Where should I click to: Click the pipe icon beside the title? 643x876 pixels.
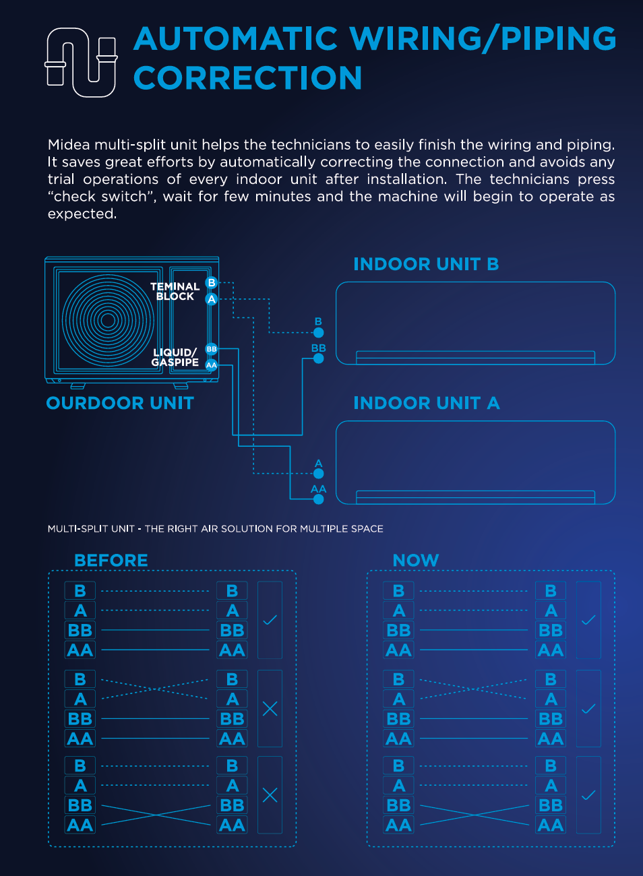(81, 62)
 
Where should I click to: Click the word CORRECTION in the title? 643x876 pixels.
(247, 78)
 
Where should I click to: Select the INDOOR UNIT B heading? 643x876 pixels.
(426, 264)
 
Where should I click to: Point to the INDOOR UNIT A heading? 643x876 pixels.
(426, 403)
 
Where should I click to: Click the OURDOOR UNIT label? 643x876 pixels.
(120, 403)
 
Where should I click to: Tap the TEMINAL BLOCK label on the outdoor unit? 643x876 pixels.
(175, 291)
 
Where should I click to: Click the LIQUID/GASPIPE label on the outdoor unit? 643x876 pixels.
(175, 357)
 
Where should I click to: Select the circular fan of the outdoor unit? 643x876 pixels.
(108, 320)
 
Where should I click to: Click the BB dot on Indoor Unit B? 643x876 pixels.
(319, 358)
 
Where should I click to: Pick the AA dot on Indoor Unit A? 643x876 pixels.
(319, 499)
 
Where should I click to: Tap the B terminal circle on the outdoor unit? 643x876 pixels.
(212, 283)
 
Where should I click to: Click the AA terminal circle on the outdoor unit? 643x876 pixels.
(212, 365)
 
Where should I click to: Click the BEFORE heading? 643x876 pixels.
(111, 561)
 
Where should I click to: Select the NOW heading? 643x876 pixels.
(415, 561)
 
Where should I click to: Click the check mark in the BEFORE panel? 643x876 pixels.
(270, 620)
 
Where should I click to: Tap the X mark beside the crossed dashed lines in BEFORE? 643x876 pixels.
(270, 708)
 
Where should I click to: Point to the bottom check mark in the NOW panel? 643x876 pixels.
(588, 795)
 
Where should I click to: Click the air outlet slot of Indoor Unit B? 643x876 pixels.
(475, 357)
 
